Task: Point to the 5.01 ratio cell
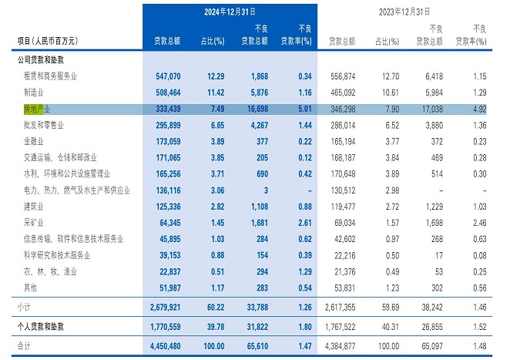click(x=300, y=109)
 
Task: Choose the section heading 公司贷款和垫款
click(x=45, y=59)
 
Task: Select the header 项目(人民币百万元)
click(x=48, y=40)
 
